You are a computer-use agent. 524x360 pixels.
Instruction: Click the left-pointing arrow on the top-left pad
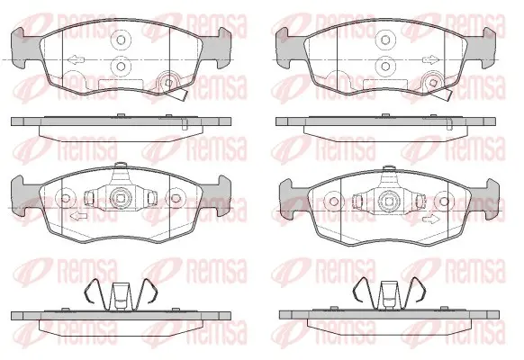click(76, 60)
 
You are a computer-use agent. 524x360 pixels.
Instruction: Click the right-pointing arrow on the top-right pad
click(430, 60)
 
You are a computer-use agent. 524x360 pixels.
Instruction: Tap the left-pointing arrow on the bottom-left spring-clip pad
click(79, 215)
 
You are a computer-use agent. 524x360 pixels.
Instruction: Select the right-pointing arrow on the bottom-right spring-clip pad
click(430, 220)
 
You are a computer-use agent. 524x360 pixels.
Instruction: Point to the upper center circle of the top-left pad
click(121, 40)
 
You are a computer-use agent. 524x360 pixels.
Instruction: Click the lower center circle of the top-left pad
click(121, 66)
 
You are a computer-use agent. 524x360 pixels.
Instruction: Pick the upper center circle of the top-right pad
click(385, 40)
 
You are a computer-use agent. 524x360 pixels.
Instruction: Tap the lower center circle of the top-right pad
click(385, 66)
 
